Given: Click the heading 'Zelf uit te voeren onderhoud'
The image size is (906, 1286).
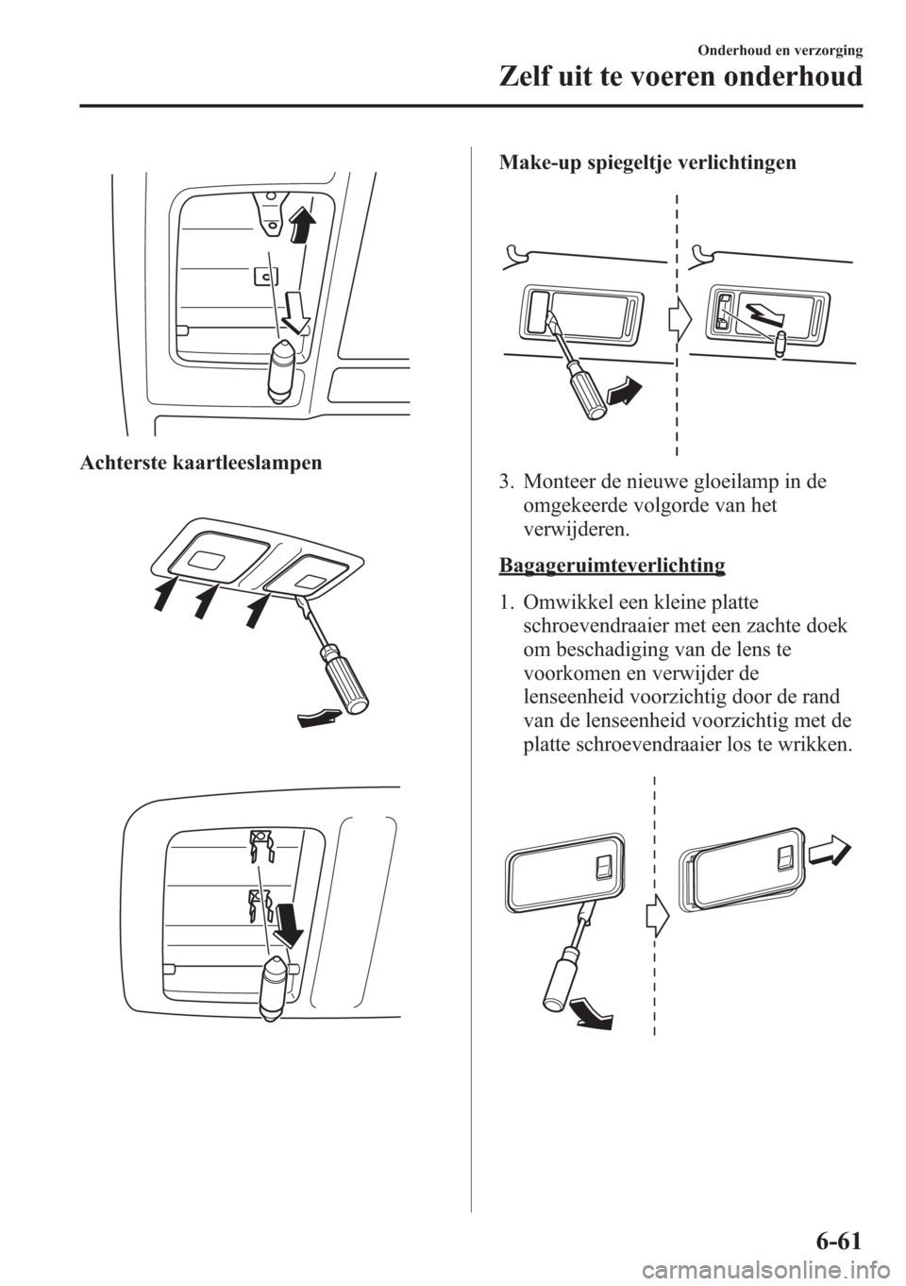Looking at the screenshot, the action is [680, 77].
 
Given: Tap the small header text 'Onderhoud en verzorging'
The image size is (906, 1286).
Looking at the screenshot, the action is [780, 51].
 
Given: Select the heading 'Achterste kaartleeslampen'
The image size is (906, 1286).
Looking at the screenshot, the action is [201, 463].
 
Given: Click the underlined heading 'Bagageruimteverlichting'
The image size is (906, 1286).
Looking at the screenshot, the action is [612, 565].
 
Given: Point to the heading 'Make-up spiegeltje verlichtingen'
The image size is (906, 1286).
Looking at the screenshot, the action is [647, 163].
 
